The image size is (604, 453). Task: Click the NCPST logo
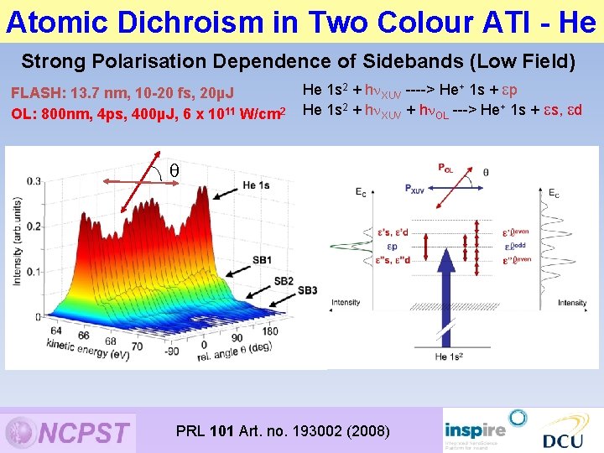(69, 431)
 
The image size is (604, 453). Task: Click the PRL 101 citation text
(283, 431)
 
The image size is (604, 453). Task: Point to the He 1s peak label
(255, 185)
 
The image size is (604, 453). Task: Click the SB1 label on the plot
(263, 260)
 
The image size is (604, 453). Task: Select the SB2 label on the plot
(284, 280)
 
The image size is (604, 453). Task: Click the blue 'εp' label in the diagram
(511, 247)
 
